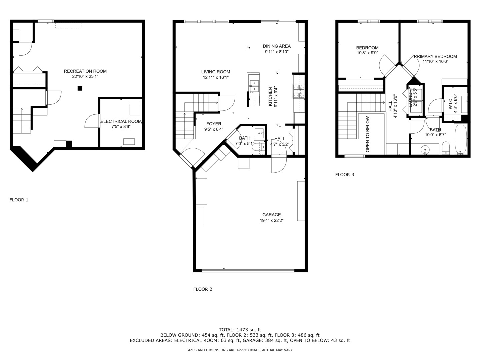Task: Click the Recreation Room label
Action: (x=85, y=71)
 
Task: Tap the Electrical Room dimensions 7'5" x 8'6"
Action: (x=121, y=127)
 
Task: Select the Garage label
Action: (x=271, y=215)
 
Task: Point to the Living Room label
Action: (x=215, y=72)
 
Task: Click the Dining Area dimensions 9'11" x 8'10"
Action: (x=277, y=52)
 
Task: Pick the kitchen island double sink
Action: (x=254, y=86)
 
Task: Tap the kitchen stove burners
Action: (x=299, y=91)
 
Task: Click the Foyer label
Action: (x=214, y=124)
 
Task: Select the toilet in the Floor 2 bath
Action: (x=258, y=148)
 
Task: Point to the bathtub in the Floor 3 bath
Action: (x=461, y=139)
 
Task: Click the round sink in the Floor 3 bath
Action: (x=425, y=150)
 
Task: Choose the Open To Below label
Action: (x=367, y=134)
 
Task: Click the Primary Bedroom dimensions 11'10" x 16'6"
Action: (x=435, y=61)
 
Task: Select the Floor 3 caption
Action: (x=344, y=174)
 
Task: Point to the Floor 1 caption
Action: (x=19, y=200)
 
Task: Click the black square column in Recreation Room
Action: (x=80, y=88)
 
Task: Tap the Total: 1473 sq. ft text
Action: (x=240, y=330)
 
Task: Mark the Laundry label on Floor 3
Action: (x=410, y=97)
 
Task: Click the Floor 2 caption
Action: (x=203, y=289)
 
